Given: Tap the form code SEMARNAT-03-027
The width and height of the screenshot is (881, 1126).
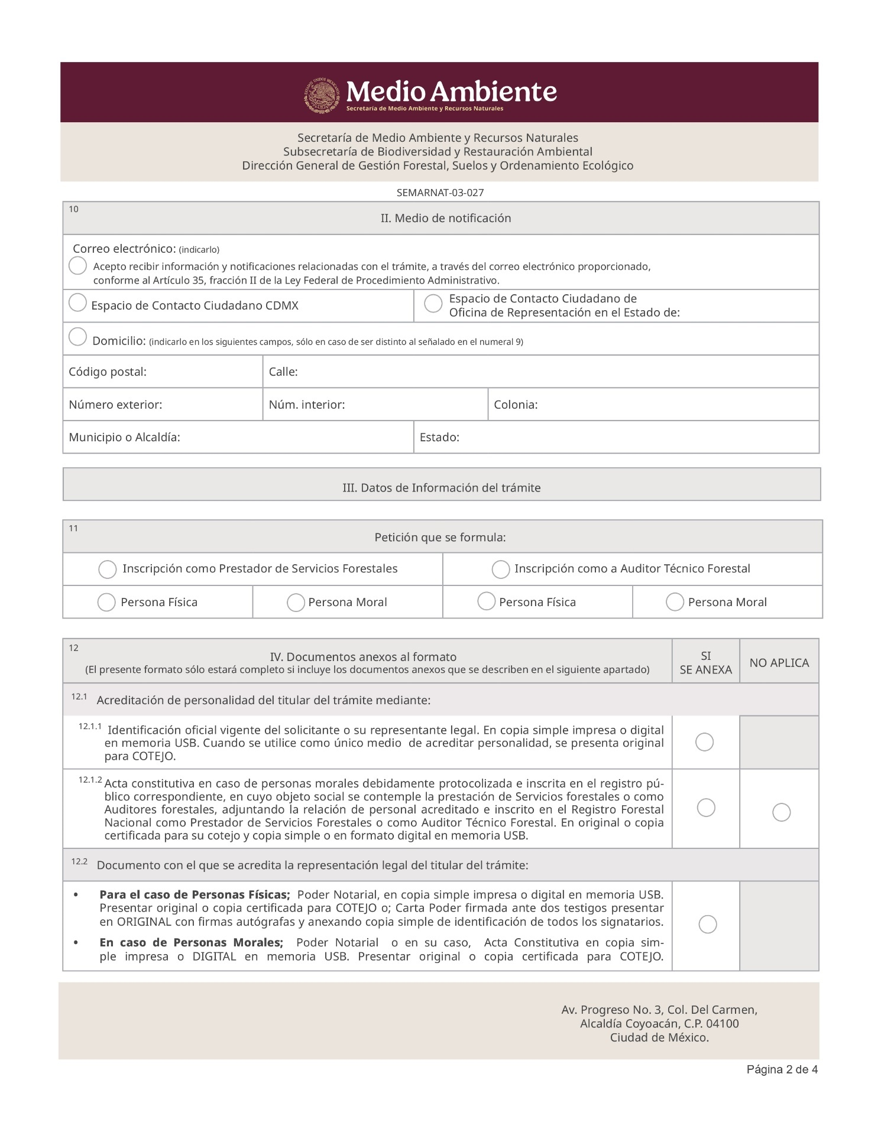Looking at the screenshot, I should [x=440, y=193].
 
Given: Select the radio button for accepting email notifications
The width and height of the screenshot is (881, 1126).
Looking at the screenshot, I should [x=77, y=266].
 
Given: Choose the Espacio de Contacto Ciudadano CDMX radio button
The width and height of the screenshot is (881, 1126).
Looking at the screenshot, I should [x=77, y=303].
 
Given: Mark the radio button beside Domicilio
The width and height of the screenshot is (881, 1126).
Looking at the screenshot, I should [x=77, y=337].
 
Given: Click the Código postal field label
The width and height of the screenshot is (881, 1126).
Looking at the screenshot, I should [x=108, y=372].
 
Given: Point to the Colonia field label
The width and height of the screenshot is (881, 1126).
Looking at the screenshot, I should [x=516, y=405].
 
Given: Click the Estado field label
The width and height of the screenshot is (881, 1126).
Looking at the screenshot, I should [x=439, y=437].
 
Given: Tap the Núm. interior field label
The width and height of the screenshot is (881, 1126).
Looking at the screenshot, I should [x=306, y=405].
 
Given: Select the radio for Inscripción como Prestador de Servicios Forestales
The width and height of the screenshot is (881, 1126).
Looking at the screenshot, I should [x=107, y=569].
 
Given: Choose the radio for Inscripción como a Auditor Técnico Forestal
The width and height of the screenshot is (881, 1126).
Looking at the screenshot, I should [x=500, y=569].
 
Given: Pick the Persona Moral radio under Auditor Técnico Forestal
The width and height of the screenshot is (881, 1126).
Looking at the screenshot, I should [x=675, y=602].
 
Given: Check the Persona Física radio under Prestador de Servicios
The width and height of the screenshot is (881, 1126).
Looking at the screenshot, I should [x=106, y=603].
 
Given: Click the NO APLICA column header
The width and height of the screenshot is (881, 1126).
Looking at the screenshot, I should [x=779, y=663].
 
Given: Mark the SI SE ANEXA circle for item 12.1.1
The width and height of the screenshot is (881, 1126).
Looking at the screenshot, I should [x=704, y=742].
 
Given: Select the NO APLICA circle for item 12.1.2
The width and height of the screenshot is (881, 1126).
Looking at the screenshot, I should [x=781, y=812].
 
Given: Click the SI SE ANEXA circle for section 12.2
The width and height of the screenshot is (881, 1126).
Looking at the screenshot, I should [x=707, y=924].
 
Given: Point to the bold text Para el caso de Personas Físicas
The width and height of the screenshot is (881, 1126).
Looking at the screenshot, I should [x=195, y=895].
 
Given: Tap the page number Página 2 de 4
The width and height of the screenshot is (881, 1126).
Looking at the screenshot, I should [x=782, y=1069].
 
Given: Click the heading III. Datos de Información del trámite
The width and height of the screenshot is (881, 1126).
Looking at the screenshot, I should [x=441, y=487].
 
